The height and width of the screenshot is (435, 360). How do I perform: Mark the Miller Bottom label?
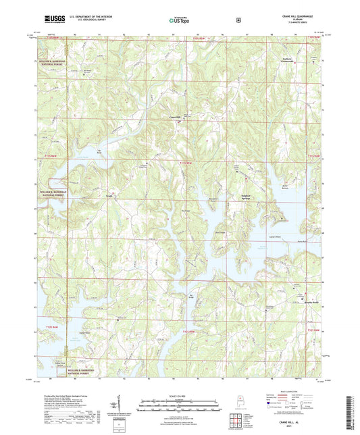tap(284, 186)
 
